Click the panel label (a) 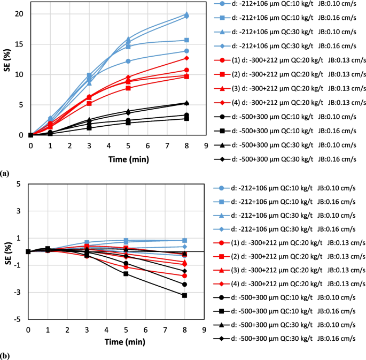[x=5, y=173]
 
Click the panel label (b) [x=5, y=355]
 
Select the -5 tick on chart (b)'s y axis [x=20, y=319]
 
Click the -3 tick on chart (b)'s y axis [x=20, y=292]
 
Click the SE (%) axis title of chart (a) [x=7, y=73]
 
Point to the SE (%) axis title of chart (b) [x=7, y=251]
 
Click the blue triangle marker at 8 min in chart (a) [x=186, y=13]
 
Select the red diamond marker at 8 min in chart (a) [x=186, y=58]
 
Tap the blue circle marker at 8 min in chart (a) [x=186, y=51]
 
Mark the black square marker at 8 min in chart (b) [x=184, y=295]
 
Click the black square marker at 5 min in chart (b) [x=126, y=274]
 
